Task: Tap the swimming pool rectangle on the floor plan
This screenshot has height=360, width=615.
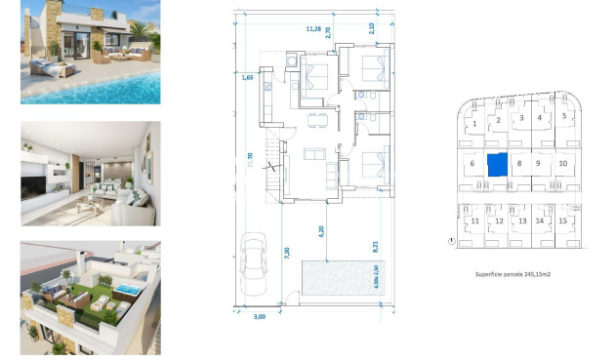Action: tap(337, 279)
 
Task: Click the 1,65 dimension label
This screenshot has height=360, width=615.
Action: tap(248, 75)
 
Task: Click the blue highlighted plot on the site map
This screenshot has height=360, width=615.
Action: tap(497, 164)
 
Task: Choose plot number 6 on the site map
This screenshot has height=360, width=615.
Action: tap(471, 164)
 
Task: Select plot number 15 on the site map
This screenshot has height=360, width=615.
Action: tap(564, 221)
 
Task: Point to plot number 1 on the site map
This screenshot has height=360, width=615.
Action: tap(474, 124)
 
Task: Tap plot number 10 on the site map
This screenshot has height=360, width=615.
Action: tap(563, 163)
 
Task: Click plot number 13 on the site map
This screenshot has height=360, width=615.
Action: tap(521, 221)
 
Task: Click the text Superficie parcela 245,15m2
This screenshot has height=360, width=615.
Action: tap(512, 276)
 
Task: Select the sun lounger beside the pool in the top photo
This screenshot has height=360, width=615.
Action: tap(47, 67)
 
